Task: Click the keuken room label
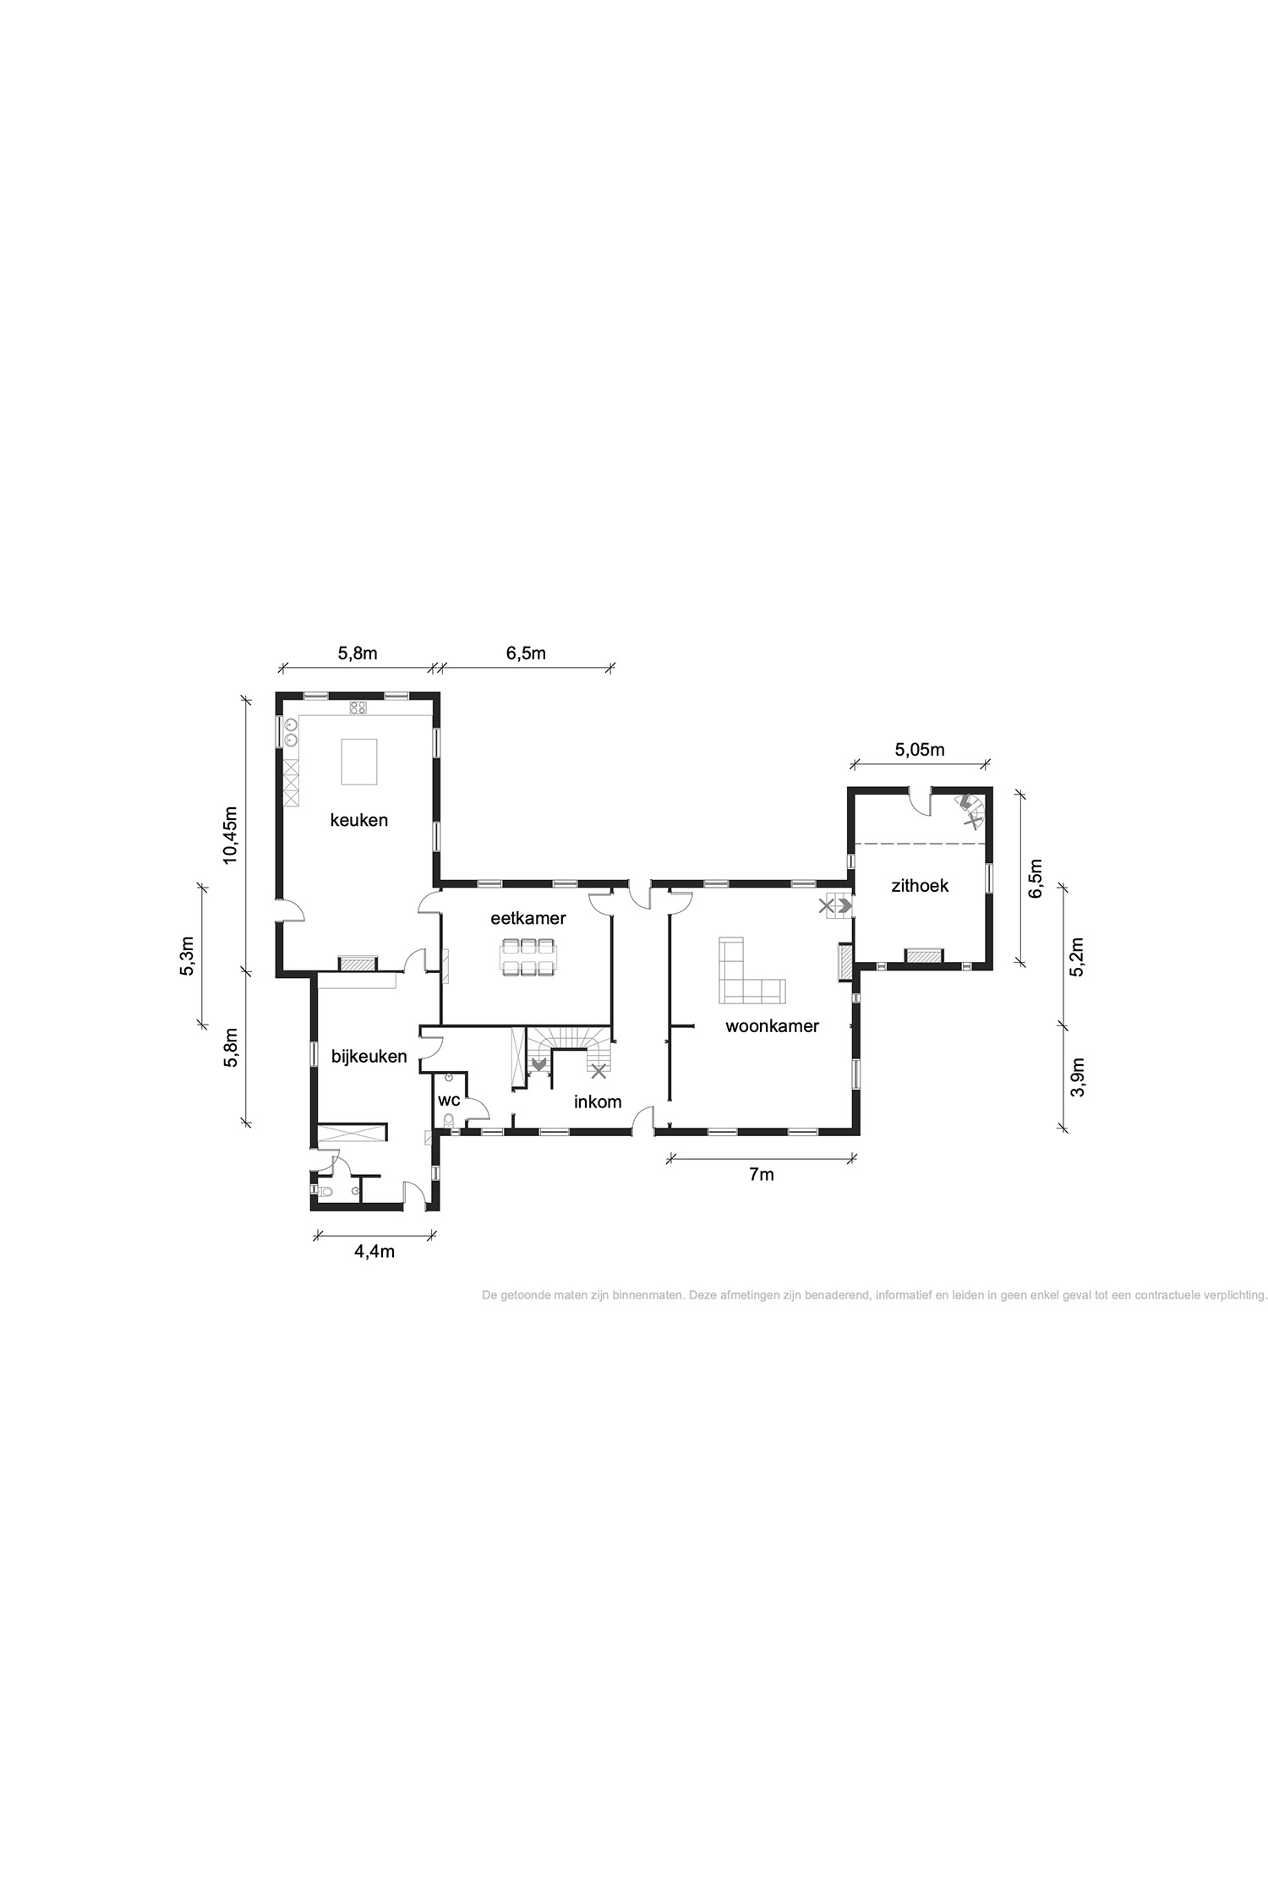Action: point(358,819)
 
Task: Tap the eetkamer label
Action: point(527,918)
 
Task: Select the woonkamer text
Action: point(772,1026)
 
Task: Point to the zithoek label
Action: point(920,885)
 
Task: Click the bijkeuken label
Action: point(369,1057)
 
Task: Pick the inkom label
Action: point(598,1101)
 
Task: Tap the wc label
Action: point(449,1101)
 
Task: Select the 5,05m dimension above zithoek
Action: point(919,749)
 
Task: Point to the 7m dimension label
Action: point(761,1174)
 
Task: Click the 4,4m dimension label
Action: point(374,1252)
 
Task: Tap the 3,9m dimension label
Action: point(1077,1078)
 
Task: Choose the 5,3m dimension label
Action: point(187,955)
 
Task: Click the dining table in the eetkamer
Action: point(527,957)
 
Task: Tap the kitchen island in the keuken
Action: point(358,761)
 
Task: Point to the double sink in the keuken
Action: point(291,732)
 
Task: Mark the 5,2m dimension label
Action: point(1077,957)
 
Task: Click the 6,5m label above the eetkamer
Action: point(526,653)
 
